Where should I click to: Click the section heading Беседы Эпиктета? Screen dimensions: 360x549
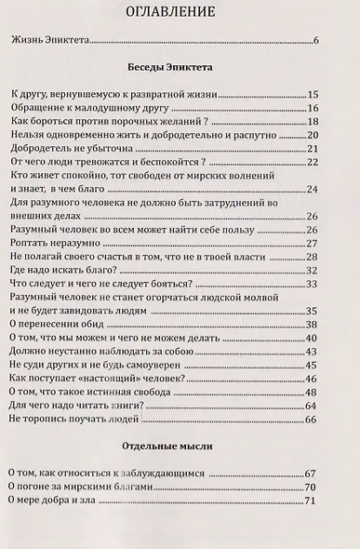(179, 69)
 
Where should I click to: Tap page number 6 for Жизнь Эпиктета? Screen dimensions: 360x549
(316, 40)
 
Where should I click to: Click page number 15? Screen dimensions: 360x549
(313, 94)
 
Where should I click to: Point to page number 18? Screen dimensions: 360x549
(313, 121)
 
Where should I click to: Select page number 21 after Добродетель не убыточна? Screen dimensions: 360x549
(313, 149)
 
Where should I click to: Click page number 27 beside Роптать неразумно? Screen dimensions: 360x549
(313, 244)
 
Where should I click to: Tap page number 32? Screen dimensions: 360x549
(313, 270)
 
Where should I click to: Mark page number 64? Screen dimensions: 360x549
(313, 406)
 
